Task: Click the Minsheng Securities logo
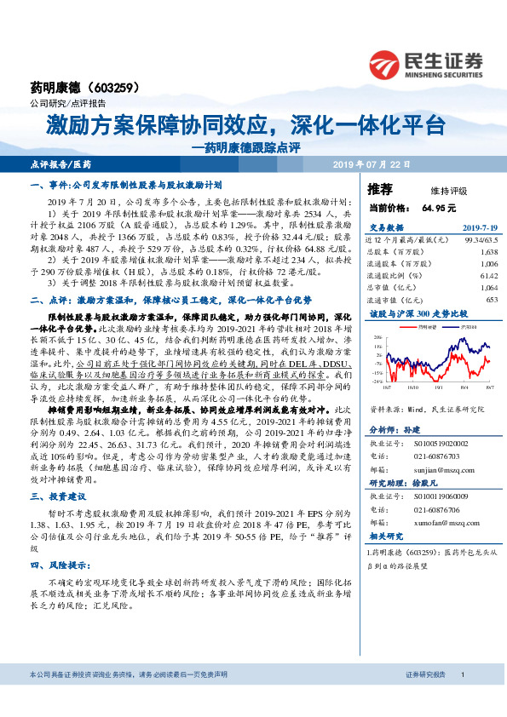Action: point(426,63)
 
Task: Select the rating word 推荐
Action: point(380,189)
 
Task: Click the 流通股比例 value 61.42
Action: point(487,276)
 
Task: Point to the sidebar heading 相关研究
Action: point(386,536)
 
